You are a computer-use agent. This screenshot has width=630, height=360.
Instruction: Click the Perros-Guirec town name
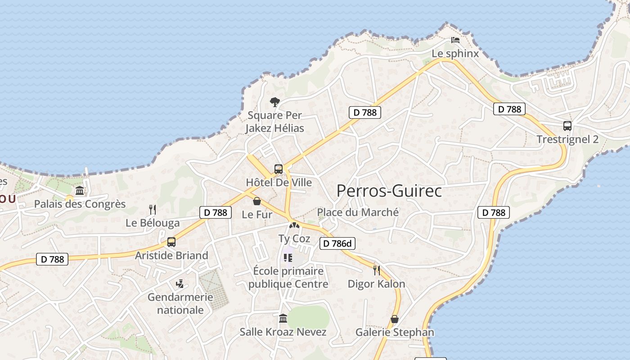tap(389, 191)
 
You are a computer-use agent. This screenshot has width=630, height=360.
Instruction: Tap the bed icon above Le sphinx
tap(455, 40)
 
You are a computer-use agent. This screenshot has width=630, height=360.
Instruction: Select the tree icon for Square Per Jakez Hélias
tap(274, 102)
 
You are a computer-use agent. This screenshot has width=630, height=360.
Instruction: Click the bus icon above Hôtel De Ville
tap(279, 169)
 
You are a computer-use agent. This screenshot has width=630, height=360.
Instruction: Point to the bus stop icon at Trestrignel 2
tap(567, 126)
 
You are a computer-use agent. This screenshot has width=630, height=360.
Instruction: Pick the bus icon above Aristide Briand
tap(171, 242)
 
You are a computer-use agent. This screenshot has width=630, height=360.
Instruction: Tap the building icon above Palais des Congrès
tap(80, 191)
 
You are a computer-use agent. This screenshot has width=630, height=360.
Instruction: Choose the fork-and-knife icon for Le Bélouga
tap(153, 209)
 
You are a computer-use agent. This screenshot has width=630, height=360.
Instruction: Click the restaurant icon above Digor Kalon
tap(377, 270)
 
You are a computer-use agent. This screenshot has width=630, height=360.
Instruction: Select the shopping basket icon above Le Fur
tap(257, 201)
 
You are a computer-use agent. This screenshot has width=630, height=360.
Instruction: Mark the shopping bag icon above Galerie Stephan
tap(395, 319)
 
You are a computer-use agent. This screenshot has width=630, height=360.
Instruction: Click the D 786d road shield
tap(337, 244)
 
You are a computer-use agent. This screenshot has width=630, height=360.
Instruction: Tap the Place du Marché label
tap(358, 212)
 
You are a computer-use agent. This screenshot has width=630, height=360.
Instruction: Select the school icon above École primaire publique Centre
tap(288, 258)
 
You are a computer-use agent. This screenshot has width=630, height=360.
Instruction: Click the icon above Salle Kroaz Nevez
tap(283, 319)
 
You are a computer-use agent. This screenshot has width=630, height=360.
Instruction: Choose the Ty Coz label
tap(294, 238)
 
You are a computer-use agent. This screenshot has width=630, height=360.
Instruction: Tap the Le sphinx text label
tap(455, 53)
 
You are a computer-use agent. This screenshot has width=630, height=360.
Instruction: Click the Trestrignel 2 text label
tap(567, 139)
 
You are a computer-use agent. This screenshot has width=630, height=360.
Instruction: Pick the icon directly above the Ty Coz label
tap(294, 225)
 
